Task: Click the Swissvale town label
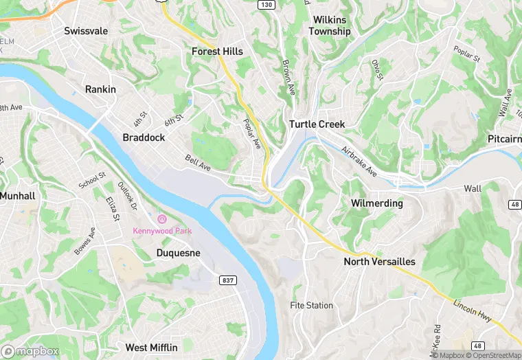point(87,31)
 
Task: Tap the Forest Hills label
point(217,52)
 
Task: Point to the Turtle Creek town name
point(317,124)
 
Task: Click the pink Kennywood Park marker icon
point(162,219)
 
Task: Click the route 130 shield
point(266,5)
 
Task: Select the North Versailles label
point(379,262)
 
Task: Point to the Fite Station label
point(311,306)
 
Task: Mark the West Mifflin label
point(151,348)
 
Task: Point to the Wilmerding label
point(376,204)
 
